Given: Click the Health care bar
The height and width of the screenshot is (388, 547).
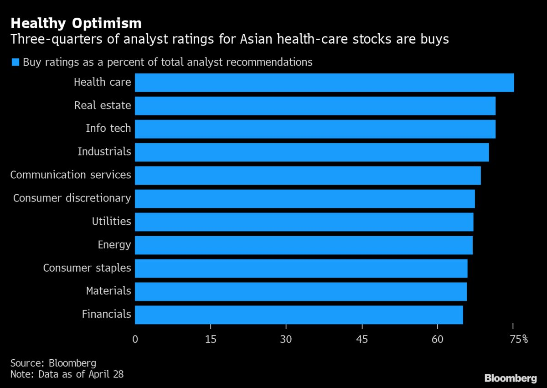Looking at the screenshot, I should (x=324, y=83).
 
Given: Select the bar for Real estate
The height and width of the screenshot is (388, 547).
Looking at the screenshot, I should (x=315, y=106).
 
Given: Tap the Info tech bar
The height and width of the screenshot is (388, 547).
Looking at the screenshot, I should (x=315, y=129).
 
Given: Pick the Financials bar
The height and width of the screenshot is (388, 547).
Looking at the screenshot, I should (x=299, y=315).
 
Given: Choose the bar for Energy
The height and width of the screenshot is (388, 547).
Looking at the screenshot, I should (x=304, y=245).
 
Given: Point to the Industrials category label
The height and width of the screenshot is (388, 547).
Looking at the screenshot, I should (x=104, y=151).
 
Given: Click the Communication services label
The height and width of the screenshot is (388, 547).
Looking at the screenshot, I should (x=71, y=175).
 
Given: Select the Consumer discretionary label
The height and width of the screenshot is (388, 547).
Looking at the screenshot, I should (x=72, y=198).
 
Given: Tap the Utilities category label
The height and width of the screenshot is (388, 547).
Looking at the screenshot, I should (x=111, y=222).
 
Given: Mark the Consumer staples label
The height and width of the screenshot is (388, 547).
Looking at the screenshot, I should (x=87, y=268).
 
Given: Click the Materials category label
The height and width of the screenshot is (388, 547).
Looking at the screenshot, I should (x=108, y=291).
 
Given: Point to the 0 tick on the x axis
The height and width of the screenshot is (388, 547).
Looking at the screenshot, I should (x=135, y=339).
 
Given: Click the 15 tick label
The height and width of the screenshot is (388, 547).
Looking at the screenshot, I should (x=211, y=339).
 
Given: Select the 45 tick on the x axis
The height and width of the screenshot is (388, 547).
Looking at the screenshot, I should (x=362, y=339).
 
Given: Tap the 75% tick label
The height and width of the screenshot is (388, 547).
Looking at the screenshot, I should (x=518, y=339).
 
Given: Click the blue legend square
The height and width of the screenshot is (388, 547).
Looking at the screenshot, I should (x=15, y=62).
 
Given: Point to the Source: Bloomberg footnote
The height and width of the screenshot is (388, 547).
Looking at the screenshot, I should (x=53, y=363).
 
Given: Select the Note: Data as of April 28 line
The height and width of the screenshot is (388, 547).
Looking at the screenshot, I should (x=67, y=374).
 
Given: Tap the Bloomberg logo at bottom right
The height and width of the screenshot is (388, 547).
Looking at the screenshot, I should (x=510, y=378).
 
